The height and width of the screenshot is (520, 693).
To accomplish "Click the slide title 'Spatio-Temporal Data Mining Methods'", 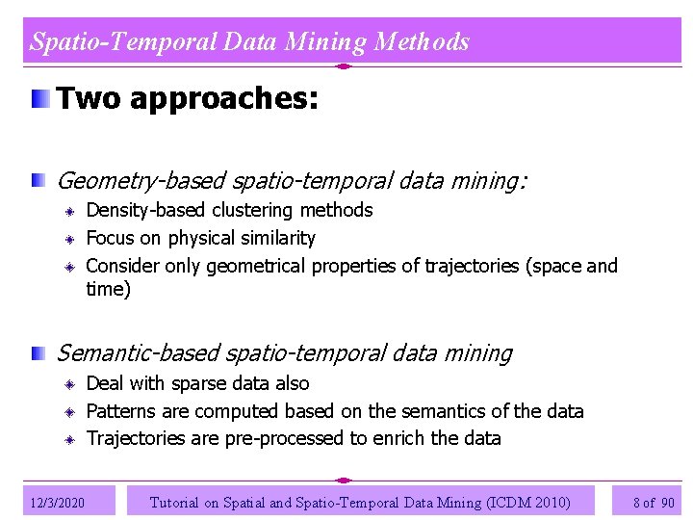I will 249,41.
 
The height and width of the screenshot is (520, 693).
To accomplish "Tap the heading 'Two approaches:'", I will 187,98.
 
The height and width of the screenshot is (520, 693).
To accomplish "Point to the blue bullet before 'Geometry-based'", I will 38,179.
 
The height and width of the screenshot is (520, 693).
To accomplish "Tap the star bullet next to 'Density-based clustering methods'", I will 71,211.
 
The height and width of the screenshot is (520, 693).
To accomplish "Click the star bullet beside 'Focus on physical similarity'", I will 71,239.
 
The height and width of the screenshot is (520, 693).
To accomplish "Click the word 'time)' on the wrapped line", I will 108,289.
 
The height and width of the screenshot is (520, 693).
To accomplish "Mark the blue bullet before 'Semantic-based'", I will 38,353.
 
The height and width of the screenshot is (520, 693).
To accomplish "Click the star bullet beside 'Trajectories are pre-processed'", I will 71,440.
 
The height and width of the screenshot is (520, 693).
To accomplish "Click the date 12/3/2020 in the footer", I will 58,503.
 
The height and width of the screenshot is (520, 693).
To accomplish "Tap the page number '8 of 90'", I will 654,502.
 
